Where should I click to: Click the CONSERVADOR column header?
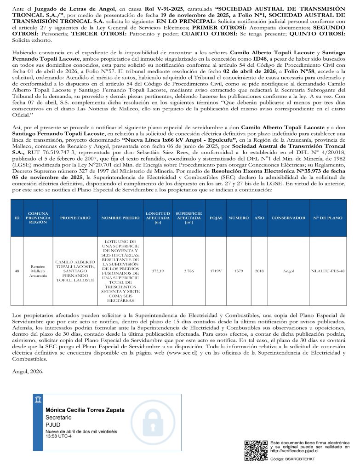pos(288,218)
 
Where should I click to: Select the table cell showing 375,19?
pos(157,271)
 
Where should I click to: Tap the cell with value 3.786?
pos(189,271)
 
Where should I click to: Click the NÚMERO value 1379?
pos(238,271)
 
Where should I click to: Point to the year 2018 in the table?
pos(259,271)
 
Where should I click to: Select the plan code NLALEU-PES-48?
pos(327,271)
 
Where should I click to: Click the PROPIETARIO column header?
pos(75,218)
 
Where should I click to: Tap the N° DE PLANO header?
pos(327,218)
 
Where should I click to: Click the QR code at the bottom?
pos(256,450)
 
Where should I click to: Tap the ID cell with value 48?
pos(17,271)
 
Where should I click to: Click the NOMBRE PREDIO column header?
pos(120,218)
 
